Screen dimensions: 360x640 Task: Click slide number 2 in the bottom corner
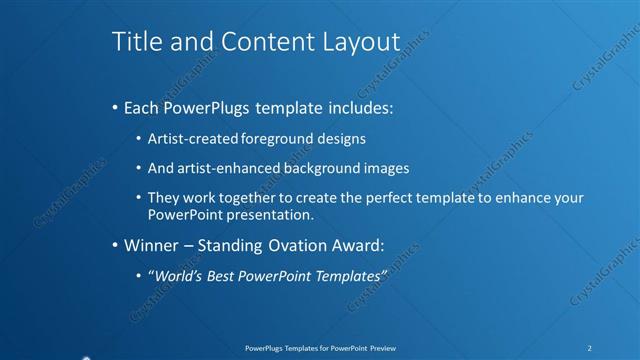[589, 348]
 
